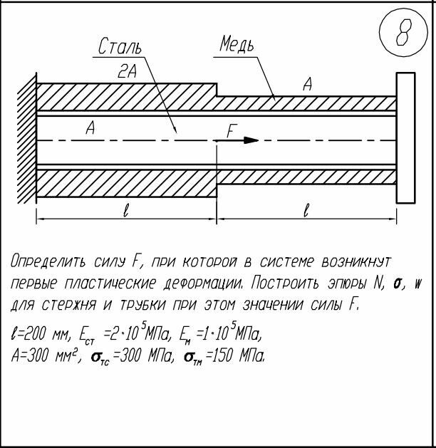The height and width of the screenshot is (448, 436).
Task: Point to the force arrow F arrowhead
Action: pos(250,140)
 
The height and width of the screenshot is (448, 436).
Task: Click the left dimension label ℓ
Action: pos(125,210)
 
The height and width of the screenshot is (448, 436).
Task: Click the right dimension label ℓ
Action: pos(306,210)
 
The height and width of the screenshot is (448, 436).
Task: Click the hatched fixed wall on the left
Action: pos(27,140)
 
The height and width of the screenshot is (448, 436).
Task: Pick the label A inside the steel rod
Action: pos(90,129)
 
